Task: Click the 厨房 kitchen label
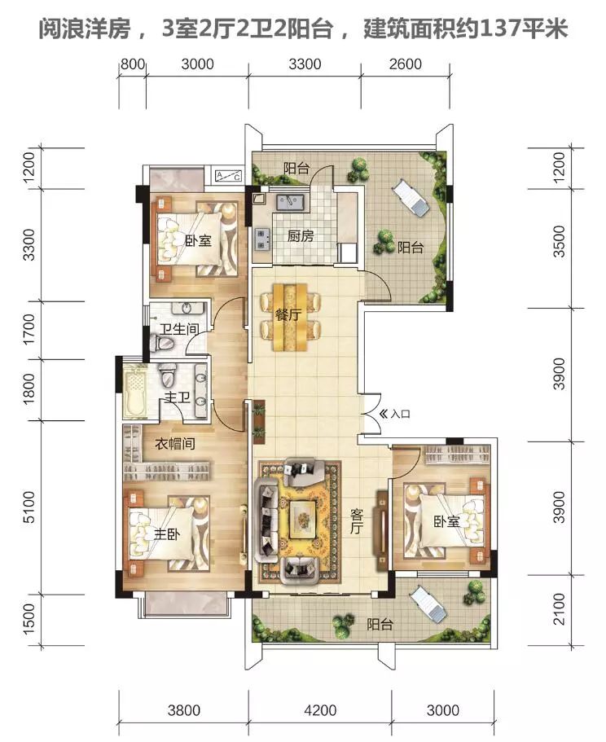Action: [x=301, y=235]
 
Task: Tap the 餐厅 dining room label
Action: [x=288, y=314]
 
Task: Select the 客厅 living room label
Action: [x=357, y=521]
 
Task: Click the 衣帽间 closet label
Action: [x=174, y=444]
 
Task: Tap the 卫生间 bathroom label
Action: [x=179, y=329]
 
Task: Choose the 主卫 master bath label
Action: [x=177, y=397]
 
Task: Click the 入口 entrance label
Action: [x=400, y=414]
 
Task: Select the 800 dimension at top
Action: [x=132, y=64]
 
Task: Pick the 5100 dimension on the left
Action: [x=29, y=507]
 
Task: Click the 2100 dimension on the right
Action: [x=559, y=609]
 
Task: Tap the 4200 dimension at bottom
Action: [x=320, y=709]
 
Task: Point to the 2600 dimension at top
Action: [x=406, y=64]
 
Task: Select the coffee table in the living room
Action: [x=303, y=518]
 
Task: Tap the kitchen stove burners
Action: [x=261, y=239]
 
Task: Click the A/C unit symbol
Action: [x=229, y=176]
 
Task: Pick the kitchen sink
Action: [x=291, y=202]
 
